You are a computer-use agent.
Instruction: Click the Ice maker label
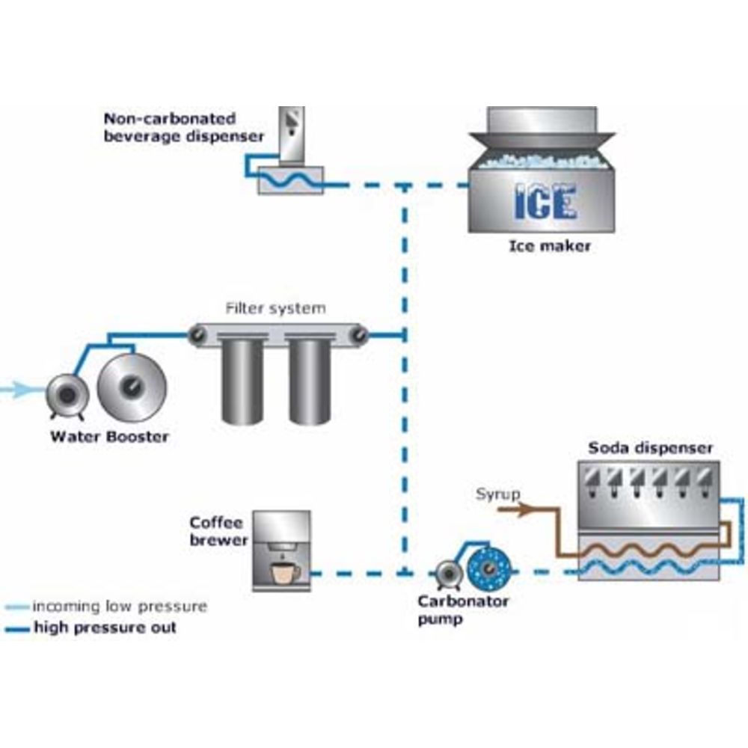[x=550, y=245]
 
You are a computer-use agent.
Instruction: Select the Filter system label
[x=276, y=307]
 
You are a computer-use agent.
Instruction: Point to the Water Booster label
[x=109, y=436]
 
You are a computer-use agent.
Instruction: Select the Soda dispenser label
[x=650, y=448]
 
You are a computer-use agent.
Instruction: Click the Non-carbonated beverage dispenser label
[x=183, y=127]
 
